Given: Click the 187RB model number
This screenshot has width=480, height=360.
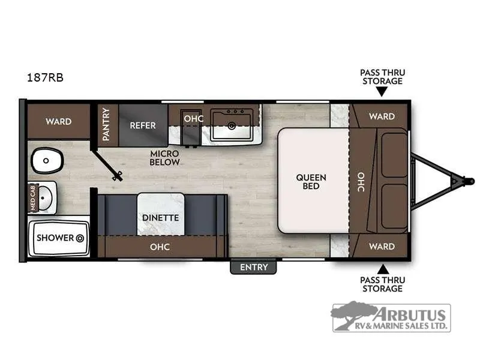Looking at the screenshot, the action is pyautogui.click(x=46, y=78).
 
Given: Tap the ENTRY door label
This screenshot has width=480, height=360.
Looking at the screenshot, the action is pyautogui.click(x=254, y=267).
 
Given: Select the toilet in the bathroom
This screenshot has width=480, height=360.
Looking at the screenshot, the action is pyautogui.click(x=47, y=160).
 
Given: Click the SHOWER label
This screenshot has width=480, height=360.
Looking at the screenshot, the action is pyautogui.click(x=55, y=238).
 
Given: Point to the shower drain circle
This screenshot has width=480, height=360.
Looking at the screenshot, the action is pyautogui.click(x=80, y=238).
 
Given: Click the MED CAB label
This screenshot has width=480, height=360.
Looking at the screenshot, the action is pyautogui.click(x=33, y=198).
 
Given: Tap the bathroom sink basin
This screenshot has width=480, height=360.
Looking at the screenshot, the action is pyautogui.click(x=46, y=198).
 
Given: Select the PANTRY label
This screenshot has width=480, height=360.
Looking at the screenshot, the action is pyautogui.click(x=106, y=124).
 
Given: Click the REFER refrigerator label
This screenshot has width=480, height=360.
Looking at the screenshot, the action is pyautogui.click(x=143, y=125).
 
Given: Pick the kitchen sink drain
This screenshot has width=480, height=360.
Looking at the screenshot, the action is pyautogui.click(x=232, y=125).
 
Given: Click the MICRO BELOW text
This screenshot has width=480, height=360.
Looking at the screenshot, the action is pyautogui.click(x=164, y=158).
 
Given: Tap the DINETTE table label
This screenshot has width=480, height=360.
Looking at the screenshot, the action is pyautogui.click(x=160, y=218).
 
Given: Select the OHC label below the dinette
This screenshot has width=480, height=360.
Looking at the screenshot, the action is pyautogui.click(x=160, y=247).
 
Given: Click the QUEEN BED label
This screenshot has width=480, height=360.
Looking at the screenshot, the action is pyautogui.click(x=311, y=182).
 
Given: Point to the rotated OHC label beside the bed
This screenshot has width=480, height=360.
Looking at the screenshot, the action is pyautogui.click(x=361, y=182).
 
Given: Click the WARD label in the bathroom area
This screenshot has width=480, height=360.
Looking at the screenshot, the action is pyautogui.click(x=58, y=122).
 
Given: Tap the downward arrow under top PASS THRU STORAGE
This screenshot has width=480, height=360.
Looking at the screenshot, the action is pyautogui.click(x=382, y=92).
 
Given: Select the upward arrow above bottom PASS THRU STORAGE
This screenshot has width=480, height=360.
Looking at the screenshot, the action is pyautogui.click(x=383, y=269).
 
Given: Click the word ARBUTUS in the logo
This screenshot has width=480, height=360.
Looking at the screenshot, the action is pyautogui.click(x=409, y=315).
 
